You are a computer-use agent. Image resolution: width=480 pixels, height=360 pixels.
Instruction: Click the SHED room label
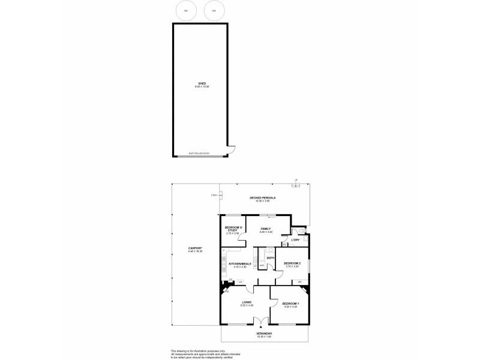pos(202,83)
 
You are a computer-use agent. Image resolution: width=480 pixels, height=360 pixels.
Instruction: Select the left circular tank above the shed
pos(186,11)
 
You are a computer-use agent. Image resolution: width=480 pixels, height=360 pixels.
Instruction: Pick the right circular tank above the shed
pos(213,11)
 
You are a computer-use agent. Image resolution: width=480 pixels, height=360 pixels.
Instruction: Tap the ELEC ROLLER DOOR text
pos(199,154)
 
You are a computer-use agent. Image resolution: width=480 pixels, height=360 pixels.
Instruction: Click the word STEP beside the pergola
pos(214,194)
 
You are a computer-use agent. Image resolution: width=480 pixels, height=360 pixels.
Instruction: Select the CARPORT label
pos(195,248)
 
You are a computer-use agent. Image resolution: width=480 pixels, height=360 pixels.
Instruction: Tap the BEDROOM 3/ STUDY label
pos(232,229)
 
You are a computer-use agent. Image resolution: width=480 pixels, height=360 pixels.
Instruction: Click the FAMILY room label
pos(266,229)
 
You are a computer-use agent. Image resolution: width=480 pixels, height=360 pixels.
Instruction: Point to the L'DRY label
pos(295,241)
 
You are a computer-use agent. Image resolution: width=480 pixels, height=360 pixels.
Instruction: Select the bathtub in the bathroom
pos(262,262)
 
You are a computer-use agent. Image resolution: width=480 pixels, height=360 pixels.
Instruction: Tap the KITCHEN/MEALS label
pos(239,264)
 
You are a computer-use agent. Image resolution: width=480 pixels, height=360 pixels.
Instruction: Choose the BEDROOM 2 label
pos(292,263)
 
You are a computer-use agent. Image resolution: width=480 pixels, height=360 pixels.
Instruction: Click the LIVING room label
pos(247,302)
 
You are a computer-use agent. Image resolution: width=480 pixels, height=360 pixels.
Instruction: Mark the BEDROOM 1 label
pos(290,304)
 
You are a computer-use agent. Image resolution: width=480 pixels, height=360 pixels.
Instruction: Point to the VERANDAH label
pos(264,334)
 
